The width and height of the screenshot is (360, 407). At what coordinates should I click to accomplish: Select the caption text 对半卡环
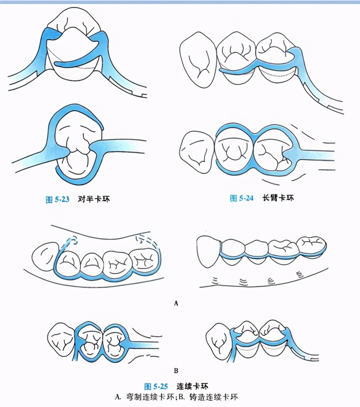94,199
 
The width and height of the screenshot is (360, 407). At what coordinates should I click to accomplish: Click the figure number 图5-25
156,385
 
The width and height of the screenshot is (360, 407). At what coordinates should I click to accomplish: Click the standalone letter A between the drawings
176,303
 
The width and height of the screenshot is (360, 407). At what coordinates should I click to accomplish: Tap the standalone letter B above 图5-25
176,371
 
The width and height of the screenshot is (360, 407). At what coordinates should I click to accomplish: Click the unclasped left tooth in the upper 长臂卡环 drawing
198,61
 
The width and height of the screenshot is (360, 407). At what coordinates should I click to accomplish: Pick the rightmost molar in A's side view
311,246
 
